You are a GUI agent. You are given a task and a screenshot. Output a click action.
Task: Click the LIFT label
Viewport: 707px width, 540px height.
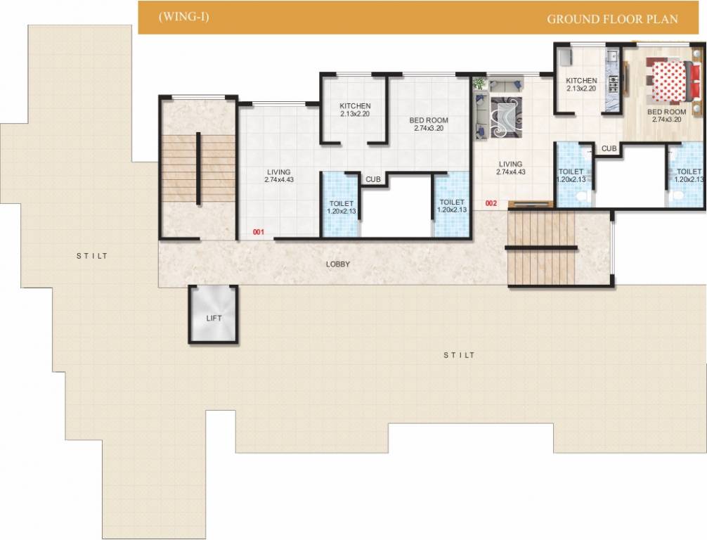click(x=214, y=319)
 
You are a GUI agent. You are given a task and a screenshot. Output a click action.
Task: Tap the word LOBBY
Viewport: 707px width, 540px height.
click(x=337, y=264)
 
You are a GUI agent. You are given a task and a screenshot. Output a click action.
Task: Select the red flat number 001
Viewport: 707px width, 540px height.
click(x=259, y=231)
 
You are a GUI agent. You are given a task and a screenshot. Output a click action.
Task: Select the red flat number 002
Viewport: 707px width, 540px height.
click(x=491, y=203)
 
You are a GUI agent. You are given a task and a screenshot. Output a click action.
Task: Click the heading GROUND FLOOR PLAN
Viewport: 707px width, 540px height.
click(x=612, y=19)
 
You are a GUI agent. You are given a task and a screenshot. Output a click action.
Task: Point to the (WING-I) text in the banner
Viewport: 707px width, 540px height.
click(x=183, y=18)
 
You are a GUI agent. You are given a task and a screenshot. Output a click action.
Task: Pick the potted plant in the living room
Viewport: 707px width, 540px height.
click(x=479, y=83)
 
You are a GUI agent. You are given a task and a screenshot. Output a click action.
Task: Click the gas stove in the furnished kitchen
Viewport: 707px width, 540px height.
click(x=613, y=84)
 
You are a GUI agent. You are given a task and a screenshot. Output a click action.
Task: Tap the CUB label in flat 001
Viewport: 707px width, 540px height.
click(x=372, y=179)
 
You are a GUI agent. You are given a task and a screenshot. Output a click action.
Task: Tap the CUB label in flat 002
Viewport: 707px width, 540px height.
click(x=609, y=148)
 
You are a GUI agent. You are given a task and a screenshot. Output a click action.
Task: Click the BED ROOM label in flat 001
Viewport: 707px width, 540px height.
click(x=429, y=124)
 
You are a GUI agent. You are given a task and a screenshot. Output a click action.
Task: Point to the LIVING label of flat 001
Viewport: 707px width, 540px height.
click(x=278, y=176)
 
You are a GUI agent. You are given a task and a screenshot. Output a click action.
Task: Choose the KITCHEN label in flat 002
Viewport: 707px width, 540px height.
click(x=581, y=85)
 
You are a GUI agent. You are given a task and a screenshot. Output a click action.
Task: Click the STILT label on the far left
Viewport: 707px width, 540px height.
click(x=92, y=256)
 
